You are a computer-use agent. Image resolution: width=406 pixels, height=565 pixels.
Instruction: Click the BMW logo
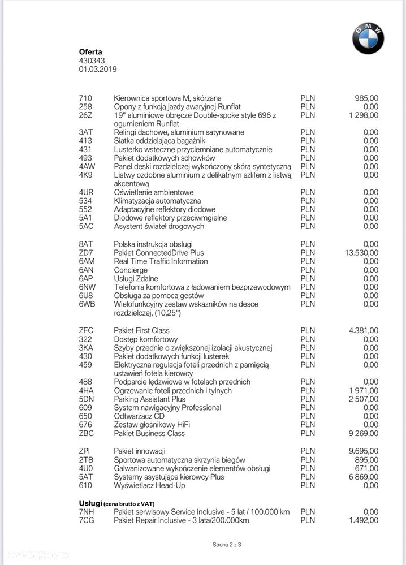click(368, 39)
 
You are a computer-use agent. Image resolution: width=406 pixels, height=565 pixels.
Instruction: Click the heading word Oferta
click(90, 52)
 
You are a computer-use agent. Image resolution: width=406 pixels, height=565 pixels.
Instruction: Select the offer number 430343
click(92, 61)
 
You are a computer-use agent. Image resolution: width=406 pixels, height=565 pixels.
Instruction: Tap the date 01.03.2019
click(98, 69)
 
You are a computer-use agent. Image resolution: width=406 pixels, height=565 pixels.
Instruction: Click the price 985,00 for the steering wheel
click(366, 98)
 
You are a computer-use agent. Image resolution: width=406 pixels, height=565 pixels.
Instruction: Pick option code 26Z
click(85, 115)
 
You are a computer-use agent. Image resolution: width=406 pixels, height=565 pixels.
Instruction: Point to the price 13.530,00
click(361, 253)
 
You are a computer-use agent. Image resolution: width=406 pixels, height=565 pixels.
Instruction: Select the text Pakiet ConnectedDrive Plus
click(159, 253)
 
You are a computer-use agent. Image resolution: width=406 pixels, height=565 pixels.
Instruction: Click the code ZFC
click(86, 330)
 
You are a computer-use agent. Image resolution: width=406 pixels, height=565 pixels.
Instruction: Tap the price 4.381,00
click(364, 330)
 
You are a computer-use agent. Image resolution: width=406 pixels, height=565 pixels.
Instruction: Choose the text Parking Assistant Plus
click(149, 399)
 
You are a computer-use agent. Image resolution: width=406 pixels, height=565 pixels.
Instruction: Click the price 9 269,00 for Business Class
click(364, 434)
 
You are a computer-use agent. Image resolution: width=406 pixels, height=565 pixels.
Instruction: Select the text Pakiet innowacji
click(139, 451)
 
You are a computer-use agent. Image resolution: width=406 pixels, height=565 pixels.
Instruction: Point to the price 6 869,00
click(364, 477)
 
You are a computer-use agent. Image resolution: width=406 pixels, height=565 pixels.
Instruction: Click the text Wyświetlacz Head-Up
click(150, 485)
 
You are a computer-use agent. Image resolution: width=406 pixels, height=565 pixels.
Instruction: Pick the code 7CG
click(87, 520)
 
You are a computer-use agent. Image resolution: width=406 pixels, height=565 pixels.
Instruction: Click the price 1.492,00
click(364, 520)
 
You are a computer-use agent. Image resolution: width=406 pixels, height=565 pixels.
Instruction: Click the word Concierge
click(131, 270)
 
